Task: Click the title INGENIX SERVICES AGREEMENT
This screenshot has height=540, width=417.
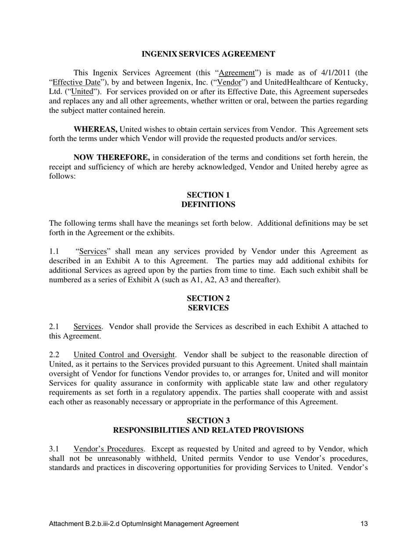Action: pyautogui.click(x=208, y=54)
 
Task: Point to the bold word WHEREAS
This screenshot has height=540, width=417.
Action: pyautogui.click(x=95, y=129)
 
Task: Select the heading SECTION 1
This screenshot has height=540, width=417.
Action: pyautogui.click(x=208, y=195)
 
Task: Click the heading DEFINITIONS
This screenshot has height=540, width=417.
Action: pyautogui.click(x=208, y=205)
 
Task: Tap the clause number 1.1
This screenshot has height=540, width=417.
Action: pyautogui.click(x=54, y=251)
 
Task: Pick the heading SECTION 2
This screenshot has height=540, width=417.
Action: pyautogui.click(x=208, y=299)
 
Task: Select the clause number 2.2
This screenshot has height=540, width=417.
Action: pyautogui.click(x=54, y=354)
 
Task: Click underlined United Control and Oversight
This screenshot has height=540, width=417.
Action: pyautogui.click(x=124, y=354)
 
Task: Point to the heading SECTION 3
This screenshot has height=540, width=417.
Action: pyautogui.click(x=208, y=421)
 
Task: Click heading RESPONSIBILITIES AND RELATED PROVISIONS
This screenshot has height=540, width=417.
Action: pyautogui.click(x=208, y=430)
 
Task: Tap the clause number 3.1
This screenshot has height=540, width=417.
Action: pyautogui.click(x=54, y=449)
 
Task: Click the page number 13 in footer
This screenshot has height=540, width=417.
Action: pyautogui.click(x=364, y=523)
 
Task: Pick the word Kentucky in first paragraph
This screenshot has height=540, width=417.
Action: pyautogui.click(x=351, y=82)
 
